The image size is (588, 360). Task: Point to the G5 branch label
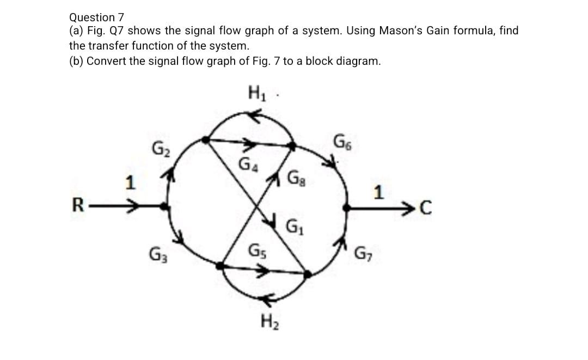pos(256,252)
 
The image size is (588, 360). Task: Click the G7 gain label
pos(363,254)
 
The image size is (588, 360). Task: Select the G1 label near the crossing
pos(294,225)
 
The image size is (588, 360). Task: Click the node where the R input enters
pos(166,206)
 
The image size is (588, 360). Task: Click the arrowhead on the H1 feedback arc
pos(254,114)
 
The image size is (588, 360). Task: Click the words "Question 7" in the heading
pos(93,17)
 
